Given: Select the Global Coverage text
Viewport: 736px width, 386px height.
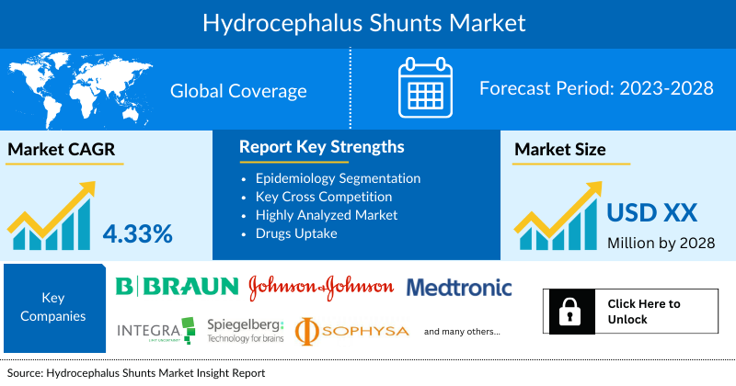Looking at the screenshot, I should click(238, 91).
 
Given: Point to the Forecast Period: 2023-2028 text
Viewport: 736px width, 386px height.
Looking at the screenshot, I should click(597, 89).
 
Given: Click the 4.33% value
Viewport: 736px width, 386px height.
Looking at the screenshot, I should click(138, 233).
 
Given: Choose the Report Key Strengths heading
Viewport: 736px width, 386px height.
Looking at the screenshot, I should click(321, 147).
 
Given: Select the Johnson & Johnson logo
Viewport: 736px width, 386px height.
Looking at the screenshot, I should click(321, 288).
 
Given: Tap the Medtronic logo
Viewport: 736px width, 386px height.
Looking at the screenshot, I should click(459, 288).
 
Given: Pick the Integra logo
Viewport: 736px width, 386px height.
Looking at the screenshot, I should click(155, 330).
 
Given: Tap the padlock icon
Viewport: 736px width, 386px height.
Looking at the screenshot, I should click(568, 312).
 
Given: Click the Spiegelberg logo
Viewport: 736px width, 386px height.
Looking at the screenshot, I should click(246, 330).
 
